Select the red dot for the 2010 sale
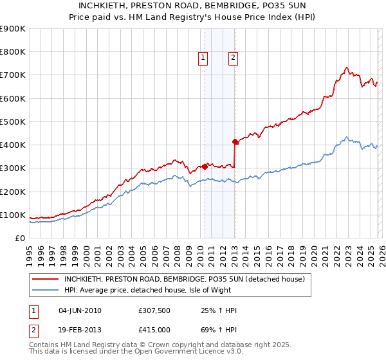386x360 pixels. click(x=205, y=166)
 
